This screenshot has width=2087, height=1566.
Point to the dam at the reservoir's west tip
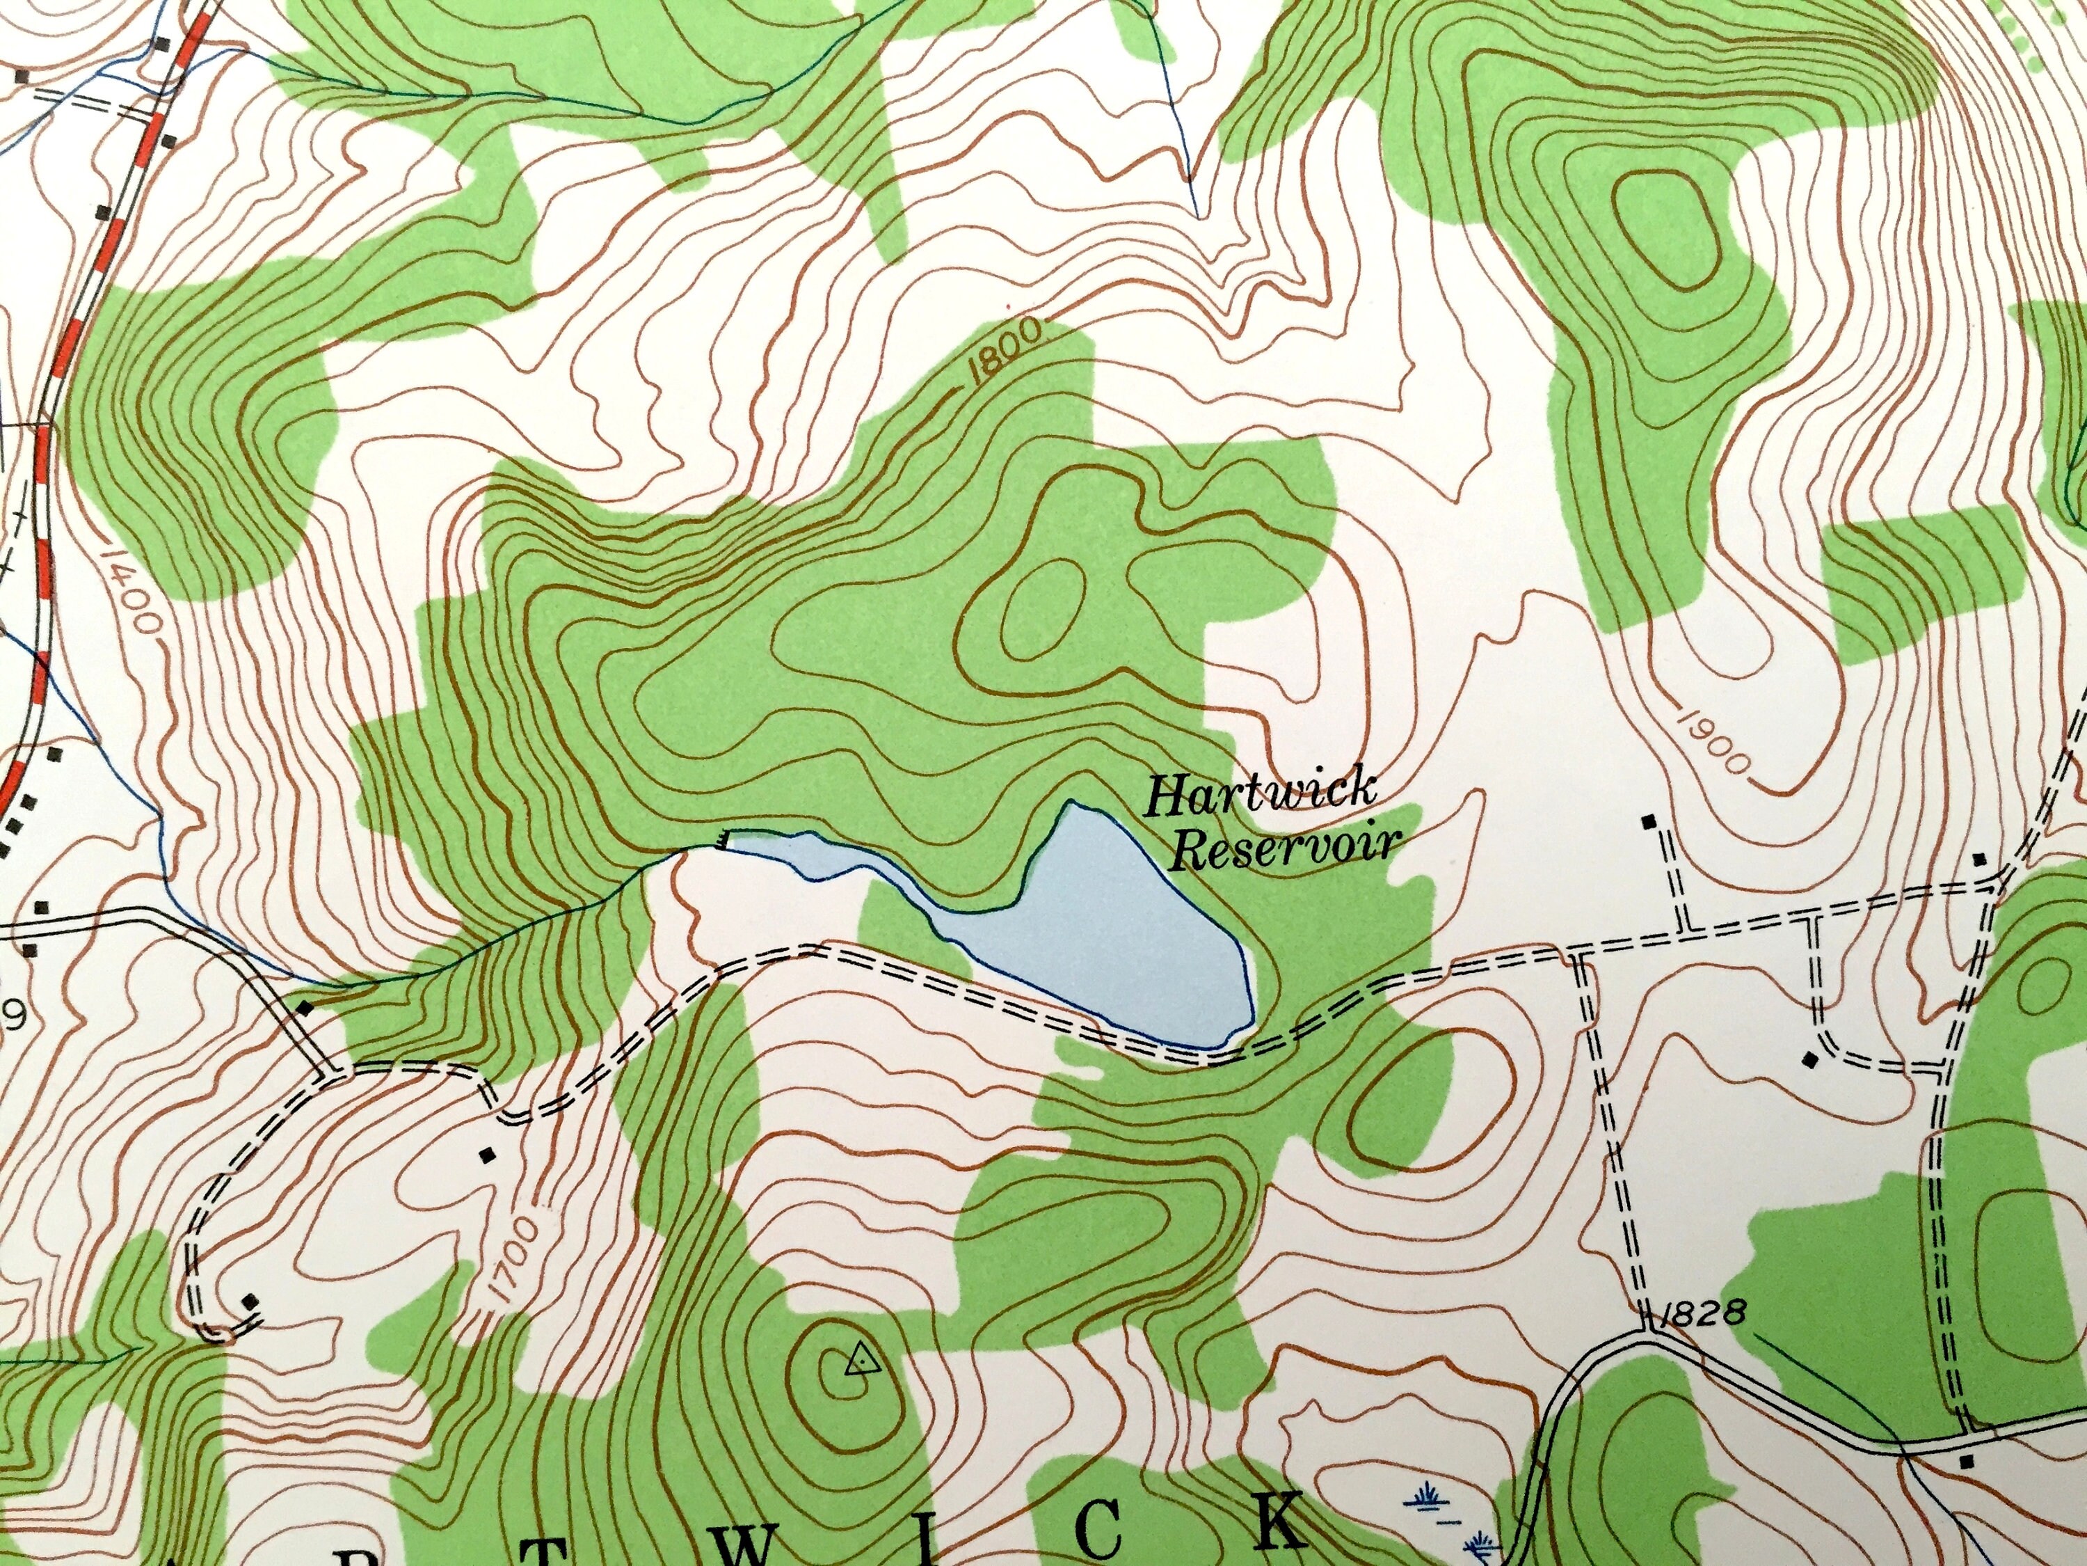pyautogui.click(x=723, y=837)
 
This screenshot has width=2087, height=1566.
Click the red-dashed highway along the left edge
pyautogui.click(x=90, y=283)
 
